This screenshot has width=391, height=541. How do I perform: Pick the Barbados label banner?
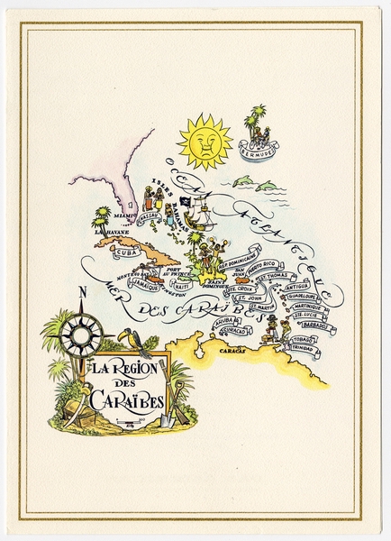coord(314,326)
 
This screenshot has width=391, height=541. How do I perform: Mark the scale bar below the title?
coord(129,420)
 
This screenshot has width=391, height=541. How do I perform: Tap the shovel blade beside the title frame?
coord(167,420)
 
